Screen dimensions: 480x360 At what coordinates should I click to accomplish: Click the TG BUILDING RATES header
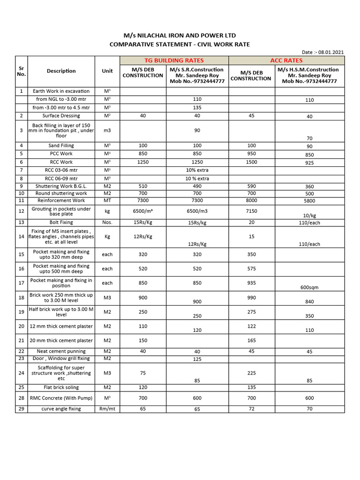(174, 60)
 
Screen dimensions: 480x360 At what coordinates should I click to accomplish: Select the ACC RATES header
(286, 60)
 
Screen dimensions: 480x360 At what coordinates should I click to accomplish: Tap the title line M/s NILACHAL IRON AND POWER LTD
(180, 36)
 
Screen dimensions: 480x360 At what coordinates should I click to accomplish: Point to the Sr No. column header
(22, 71)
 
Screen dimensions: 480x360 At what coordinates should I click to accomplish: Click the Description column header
(61, 71)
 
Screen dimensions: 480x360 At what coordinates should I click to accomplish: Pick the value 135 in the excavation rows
(197, 107)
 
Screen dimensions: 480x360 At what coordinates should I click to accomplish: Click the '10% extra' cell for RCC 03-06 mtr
(197, 170)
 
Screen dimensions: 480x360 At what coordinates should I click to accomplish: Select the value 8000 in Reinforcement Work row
(252, 200)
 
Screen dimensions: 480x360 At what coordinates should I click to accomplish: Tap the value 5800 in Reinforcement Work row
(309, 201)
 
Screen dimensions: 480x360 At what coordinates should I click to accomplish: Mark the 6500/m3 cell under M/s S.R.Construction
(197, 211)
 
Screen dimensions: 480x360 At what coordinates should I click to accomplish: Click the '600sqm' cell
(309, 287)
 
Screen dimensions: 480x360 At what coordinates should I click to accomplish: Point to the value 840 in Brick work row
(309, 302)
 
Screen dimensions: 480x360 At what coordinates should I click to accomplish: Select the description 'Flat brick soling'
(61, 388)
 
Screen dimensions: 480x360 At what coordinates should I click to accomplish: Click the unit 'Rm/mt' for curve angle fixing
(107, 409)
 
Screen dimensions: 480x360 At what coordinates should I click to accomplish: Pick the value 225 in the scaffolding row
(252, 373)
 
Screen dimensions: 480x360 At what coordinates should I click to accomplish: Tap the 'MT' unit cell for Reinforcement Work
(107, 200)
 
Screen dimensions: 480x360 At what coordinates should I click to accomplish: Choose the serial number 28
(22, 398)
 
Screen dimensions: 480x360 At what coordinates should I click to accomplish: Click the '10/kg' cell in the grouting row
(309, 216)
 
